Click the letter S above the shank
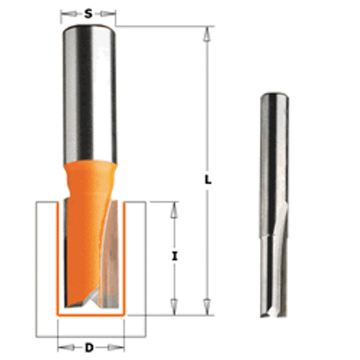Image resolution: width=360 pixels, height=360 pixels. pos(88,12)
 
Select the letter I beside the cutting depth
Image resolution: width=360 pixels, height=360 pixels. pos(174,256)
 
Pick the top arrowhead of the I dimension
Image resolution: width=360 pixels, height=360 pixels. pos(174,207)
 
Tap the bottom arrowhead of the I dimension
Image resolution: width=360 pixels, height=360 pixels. pos(174,304)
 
